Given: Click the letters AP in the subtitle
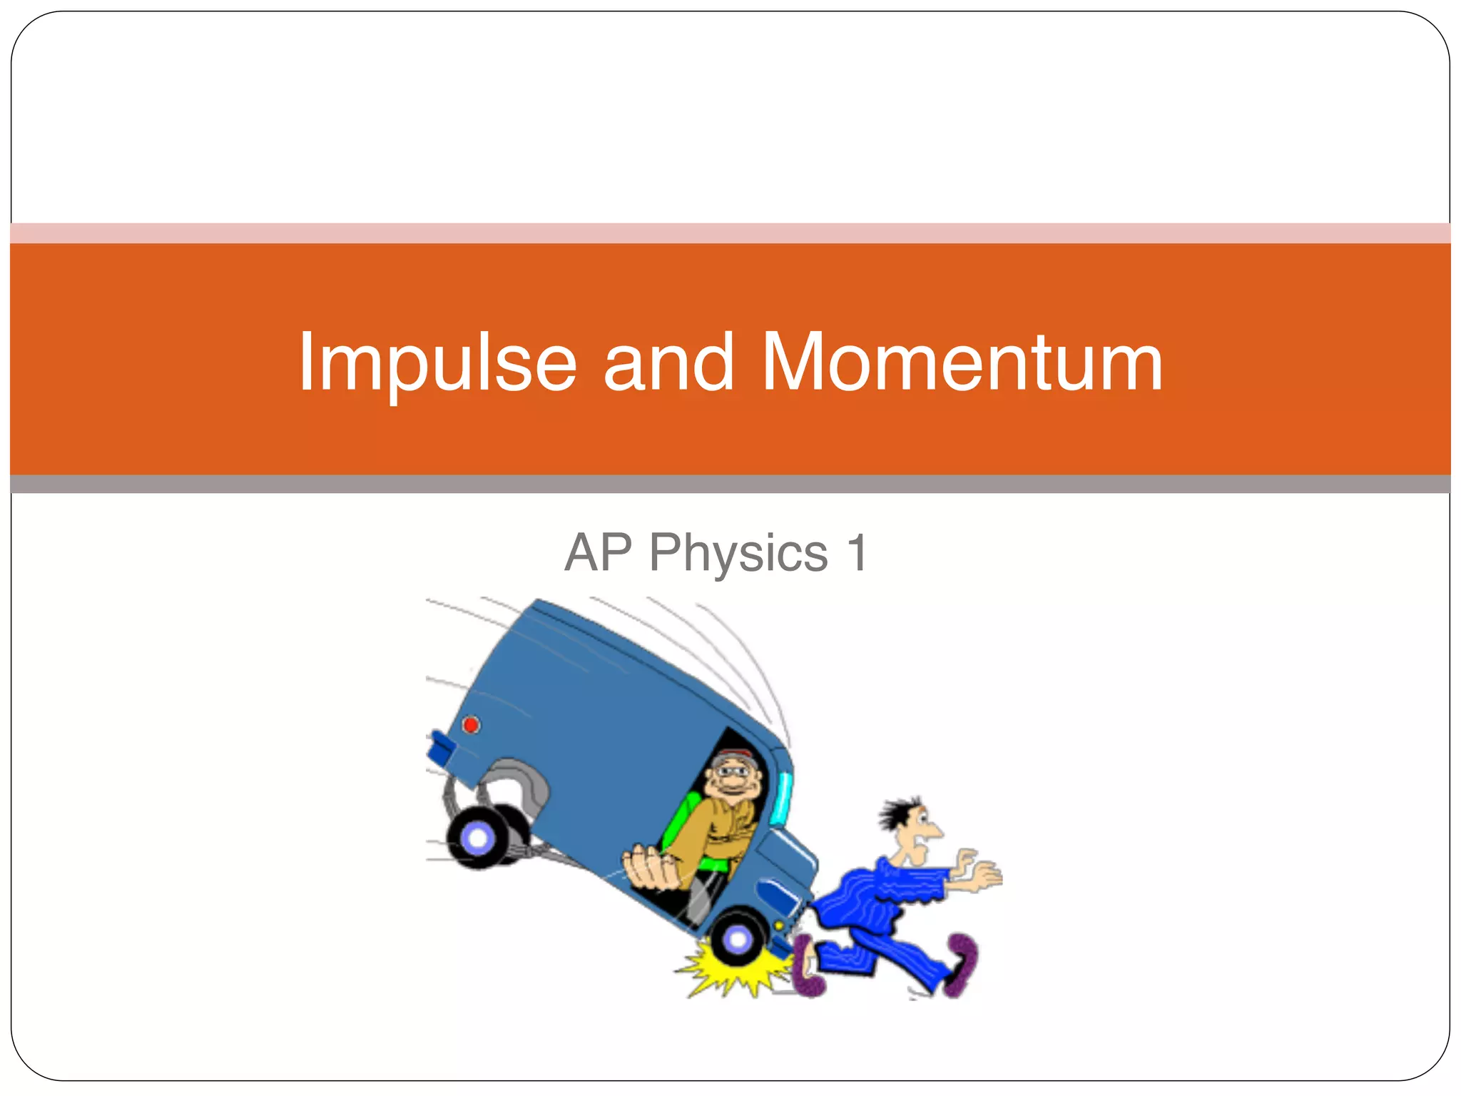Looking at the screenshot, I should coord(598,553).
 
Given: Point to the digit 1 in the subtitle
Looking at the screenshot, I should coord(856,553).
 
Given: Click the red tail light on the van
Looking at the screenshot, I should coord(471,725).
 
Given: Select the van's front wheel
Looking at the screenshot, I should coord(738,938).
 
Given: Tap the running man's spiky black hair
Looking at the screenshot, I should coord(897,813).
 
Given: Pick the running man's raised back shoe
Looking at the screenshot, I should coord(962,963).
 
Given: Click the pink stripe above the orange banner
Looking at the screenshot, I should coord(730,233).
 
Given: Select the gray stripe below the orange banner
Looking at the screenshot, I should coord(730,484).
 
